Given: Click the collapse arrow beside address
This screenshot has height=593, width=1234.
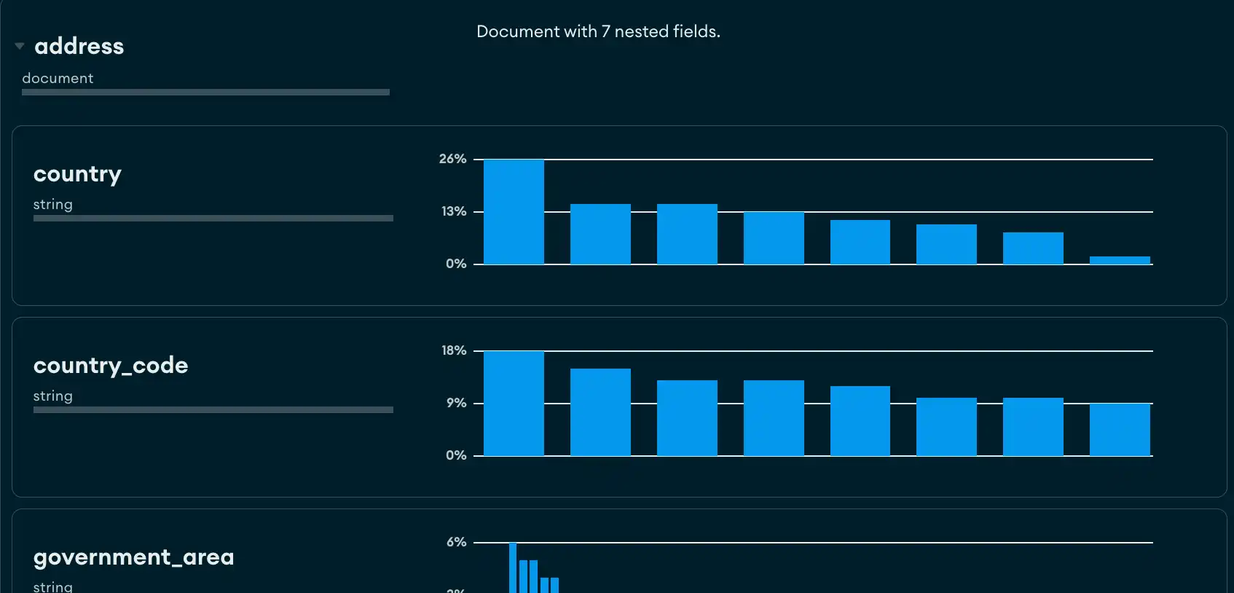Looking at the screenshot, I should pyautogui.click(x=20, y=46).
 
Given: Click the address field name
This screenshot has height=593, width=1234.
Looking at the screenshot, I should pyautogui.click(x=79, y=46).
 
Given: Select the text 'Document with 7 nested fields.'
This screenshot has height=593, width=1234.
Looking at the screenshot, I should pyautogui.click(x=598, y=31).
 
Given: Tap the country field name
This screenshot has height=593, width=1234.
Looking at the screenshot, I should pyautogui.click(x=77, y=174).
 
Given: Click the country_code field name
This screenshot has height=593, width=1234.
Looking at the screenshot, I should pyautogui.click(x=111, y=365).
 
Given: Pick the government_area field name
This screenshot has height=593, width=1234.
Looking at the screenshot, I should pyautogui.click(x=134, y=557).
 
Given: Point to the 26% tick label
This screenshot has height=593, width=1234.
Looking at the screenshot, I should pyautogui.click(x=452, y=159).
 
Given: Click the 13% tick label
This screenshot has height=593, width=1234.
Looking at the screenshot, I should pyautogui.click(x=454, y=211).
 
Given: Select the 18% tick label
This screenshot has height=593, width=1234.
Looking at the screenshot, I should pyautogui.click(x=454, y=350).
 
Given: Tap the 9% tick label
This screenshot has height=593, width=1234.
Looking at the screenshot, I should pyautogui.click(x=457, y=403).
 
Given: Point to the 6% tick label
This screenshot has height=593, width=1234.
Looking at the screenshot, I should pyautogui.click(x=457, y=542).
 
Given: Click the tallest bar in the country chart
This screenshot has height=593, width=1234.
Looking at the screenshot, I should pyautogui.click(x=514, y=211).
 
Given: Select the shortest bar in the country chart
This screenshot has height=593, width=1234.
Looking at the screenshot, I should pyautogui.click(x=1120, y=260).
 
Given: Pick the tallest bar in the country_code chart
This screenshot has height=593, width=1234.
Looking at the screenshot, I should pyautogui.click(x=514, y=403).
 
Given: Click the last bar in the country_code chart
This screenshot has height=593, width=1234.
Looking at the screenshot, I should pyautogui.click(x=1120, y=429).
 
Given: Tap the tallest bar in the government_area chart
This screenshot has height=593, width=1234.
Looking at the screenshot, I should pyautogui.click(x=513, y=568).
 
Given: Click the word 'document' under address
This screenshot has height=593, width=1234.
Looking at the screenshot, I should pyautogui.click(x=58, y=78).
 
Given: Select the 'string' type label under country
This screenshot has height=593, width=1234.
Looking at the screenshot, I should pyautogui.click(x=53, y=205).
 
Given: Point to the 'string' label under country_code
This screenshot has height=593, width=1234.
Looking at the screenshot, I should pyautogui.click(x=53, y=396).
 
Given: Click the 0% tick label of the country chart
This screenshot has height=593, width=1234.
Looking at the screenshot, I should pyautogui.click(x=456, y=264).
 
